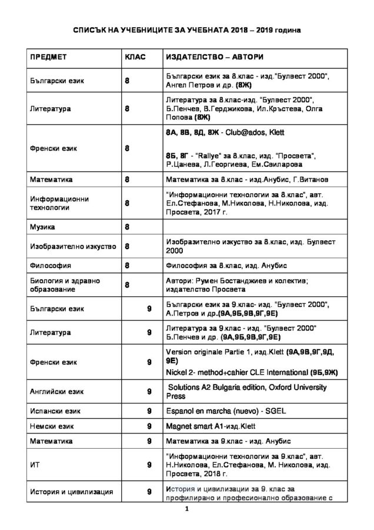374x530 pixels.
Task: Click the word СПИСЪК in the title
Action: (98, 29)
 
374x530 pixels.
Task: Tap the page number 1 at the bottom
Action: (187, 510)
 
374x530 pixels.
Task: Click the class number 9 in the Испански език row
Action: (150, 410)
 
